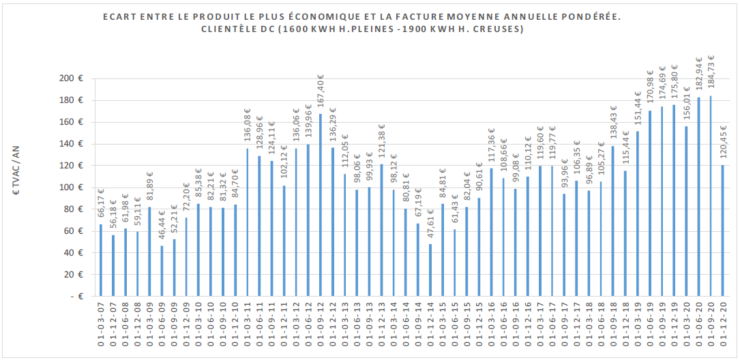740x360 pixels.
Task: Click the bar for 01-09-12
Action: coord(321,205)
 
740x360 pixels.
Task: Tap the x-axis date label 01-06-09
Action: coord(162,328)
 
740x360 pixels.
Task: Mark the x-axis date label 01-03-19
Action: coord(638,328)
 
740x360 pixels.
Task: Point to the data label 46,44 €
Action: coord(162,222)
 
